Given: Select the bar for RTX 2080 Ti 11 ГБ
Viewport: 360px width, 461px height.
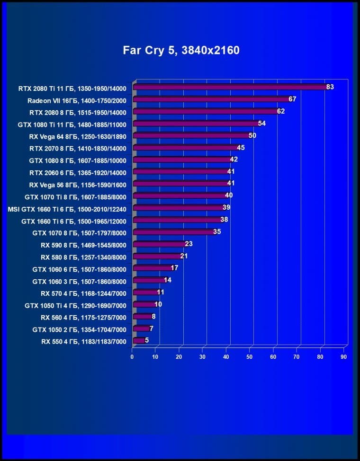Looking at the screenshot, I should [230, 87].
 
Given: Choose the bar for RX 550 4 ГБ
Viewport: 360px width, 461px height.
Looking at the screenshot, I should [138, 340].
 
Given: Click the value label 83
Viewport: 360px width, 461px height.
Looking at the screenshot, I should [330, 87].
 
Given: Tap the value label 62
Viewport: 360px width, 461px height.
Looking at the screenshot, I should [281, 111].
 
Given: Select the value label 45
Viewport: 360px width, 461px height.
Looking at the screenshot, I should [241, 148].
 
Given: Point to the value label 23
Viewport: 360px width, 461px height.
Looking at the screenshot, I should [189, 244].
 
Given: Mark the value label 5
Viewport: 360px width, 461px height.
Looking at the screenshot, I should [147, 340].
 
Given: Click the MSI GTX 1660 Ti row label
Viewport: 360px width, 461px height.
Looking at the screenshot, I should [67, 208].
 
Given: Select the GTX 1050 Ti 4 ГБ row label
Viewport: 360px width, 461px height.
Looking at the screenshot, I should [75, 305].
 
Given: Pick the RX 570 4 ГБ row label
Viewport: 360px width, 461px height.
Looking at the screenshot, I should [83, 293].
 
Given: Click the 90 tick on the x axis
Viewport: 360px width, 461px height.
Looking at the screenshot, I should [344, 356].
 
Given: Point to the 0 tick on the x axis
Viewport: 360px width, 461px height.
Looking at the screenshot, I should [132, 356].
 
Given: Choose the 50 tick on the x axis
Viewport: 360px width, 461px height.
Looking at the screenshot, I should [250, 356].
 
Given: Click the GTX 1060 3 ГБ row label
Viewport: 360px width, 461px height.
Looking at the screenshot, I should [80, 281].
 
